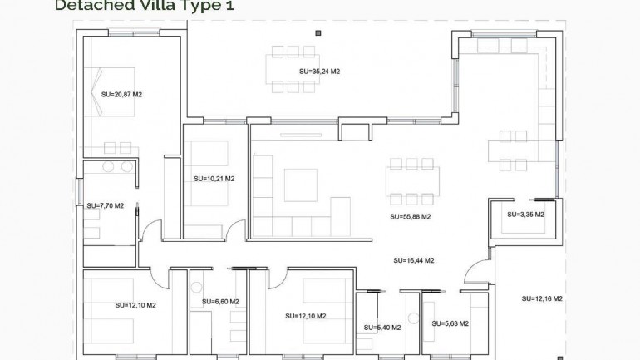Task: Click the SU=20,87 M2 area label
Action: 121,95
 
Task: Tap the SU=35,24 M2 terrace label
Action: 319,72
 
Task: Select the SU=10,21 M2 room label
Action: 214,179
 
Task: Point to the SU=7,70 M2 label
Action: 105,205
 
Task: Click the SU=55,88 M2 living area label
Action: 410,216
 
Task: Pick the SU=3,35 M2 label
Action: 525,215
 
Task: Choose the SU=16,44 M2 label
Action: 414,260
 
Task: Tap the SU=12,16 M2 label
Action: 543,298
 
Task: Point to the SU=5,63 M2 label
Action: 450,324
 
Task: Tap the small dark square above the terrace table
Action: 318,33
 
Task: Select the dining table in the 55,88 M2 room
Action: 412,180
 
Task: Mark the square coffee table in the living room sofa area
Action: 300,185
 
